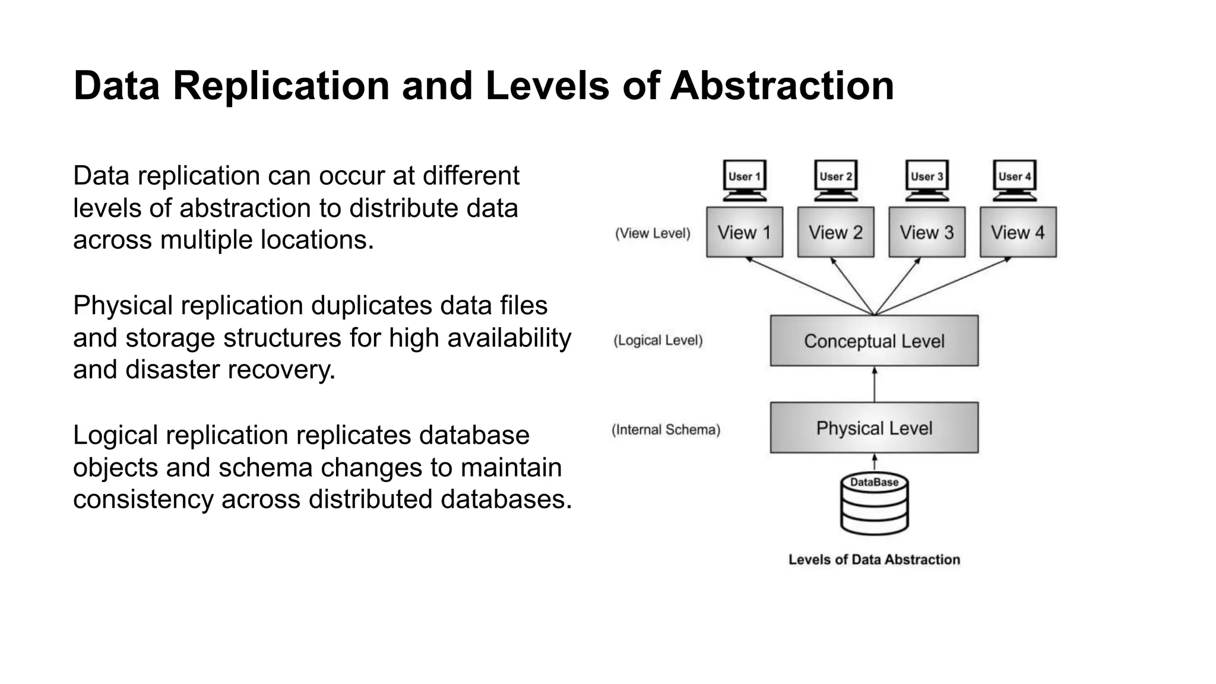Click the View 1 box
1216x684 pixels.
click(x=744, y=232)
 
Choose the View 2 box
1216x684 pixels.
click(x=835, y=232)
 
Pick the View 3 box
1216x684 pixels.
click(x=927, y=232)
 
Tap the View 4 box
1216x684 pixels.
click(x=1018, y=232)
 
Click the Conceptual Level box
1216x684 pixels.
click(x=874, y=341)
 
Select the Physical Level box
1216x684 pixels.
click(x=874, y=428)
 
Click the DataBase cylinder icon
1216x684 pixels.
click(x=874, y=503)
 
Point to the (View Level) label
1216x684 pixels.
click(x=653, y=233)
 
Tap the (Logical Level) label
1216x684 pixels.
click(x=658, y=341)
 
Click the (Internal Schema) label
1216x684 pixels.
click(x=666, y=430)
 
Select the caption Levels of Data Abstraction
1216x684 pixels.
click(x=874, y=559)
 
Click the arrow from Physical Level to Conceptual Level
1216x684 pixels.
click(x=874, y=384)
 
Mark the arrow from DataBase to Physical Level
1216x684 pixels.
click(x=874, y=462)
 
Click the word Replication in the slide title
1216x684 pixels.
click(x=281, y=85)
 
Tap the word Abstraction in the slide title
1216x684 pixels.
click(x=782, y=85)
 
